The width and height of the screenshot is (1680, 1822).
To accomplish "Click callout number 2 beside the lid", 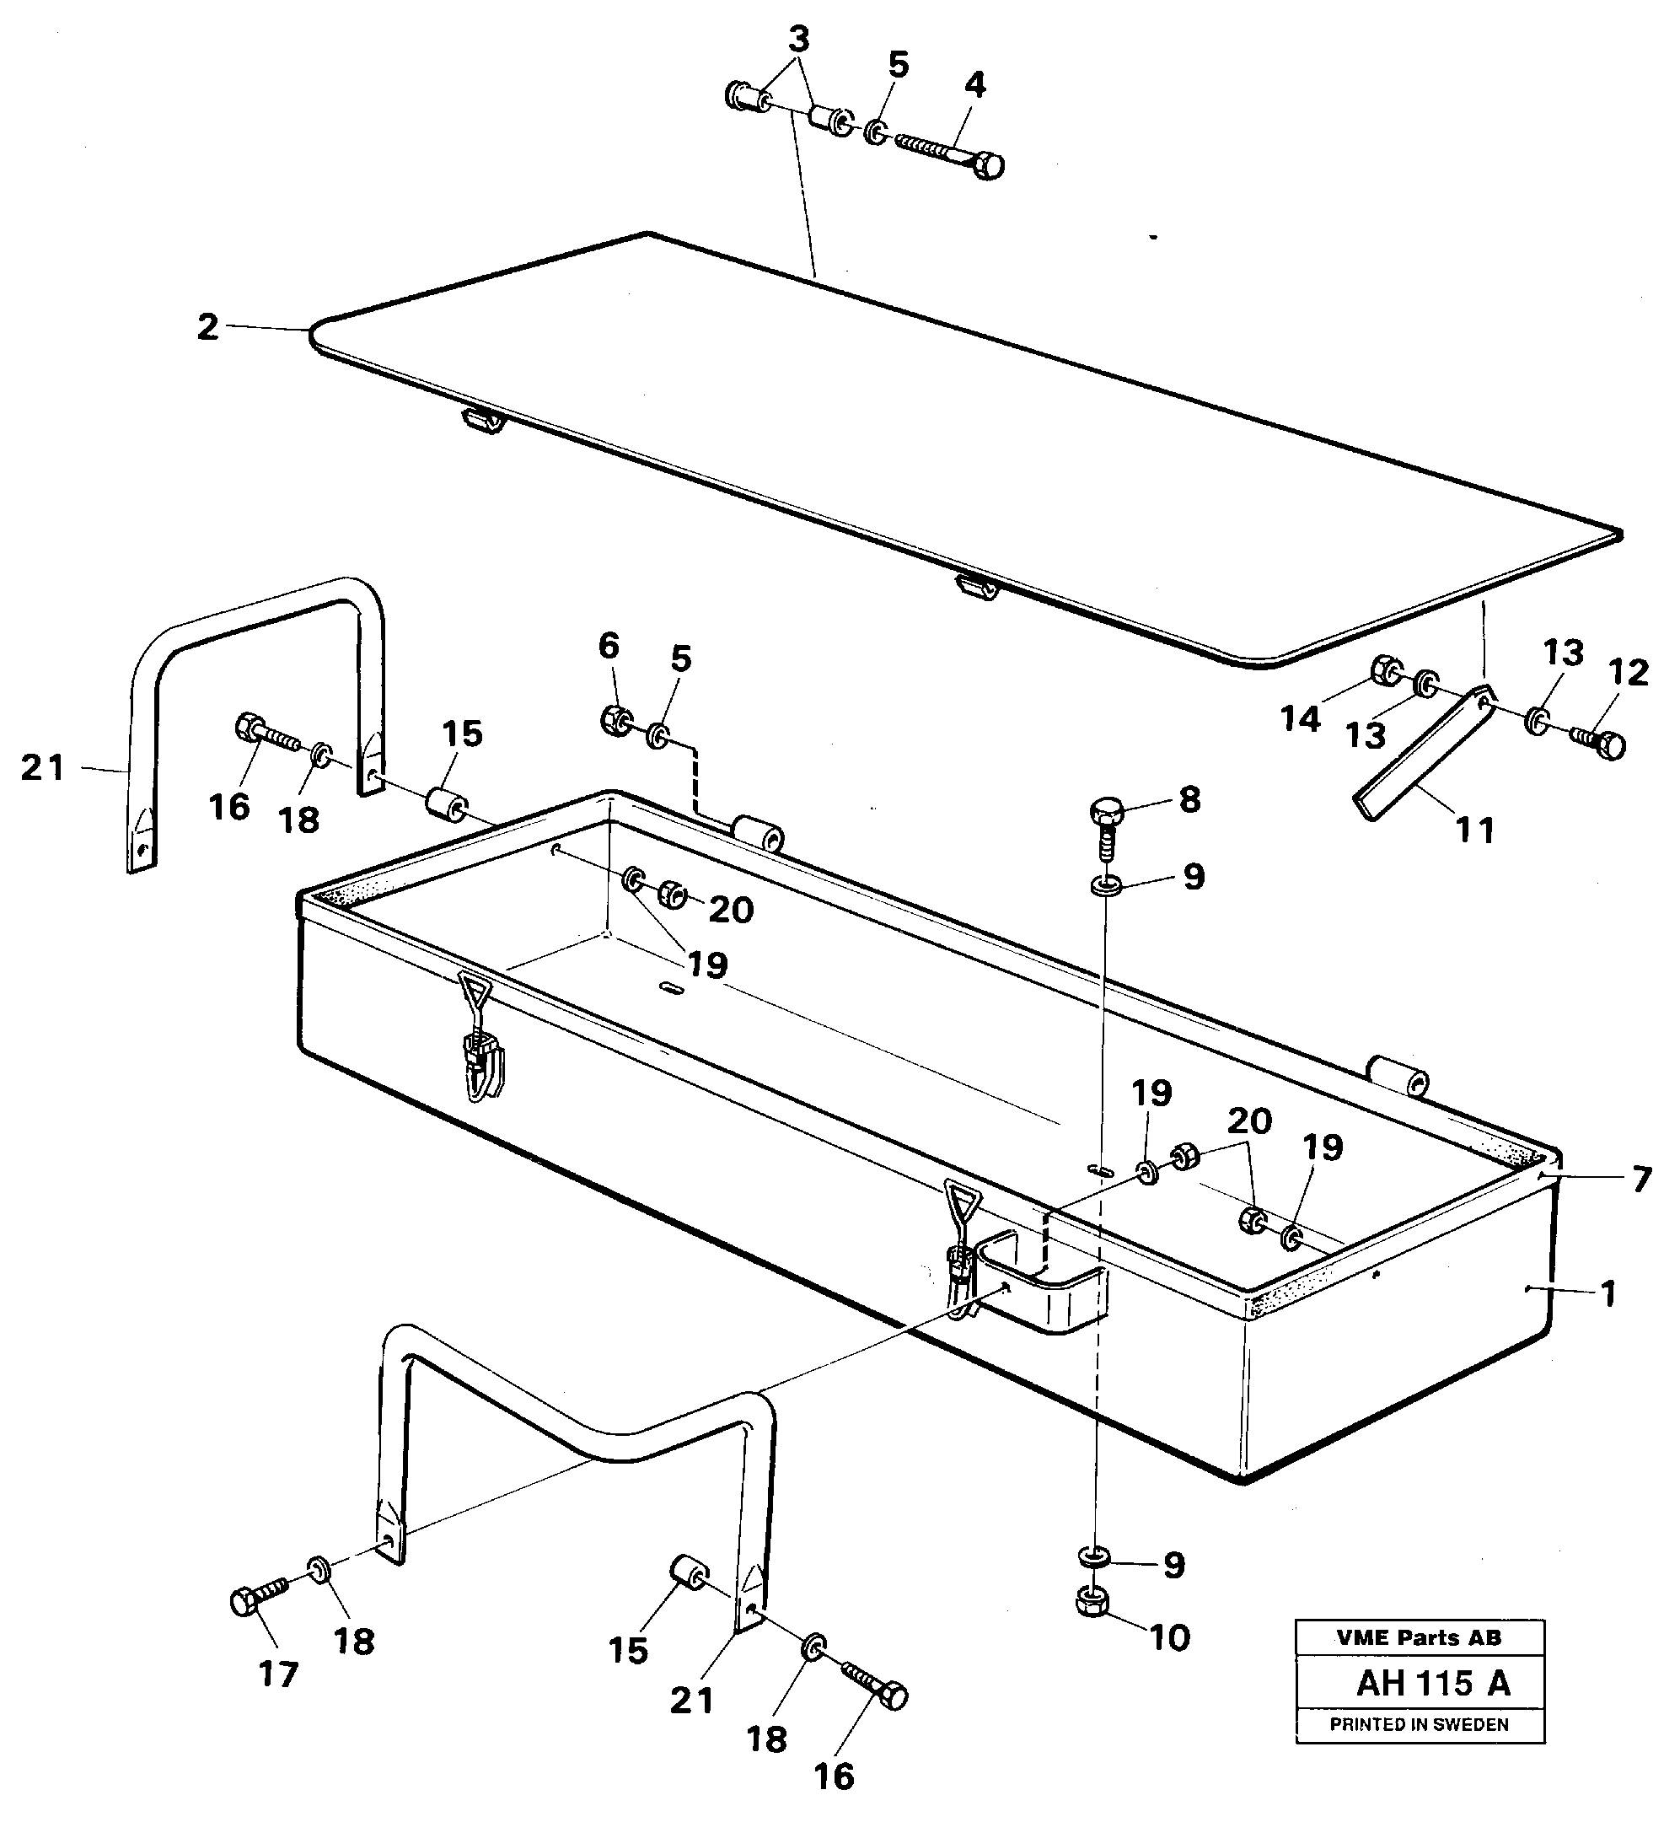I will click(208, 327).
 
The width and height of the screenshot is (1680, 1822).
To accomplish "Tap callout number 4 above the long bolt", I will click(974, 85).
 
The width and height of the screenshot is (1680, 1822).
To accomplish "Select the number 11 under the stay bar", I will click(1474, 830).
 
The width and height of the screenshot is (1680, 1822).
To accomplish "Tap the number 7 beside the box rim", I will click(1641, 1180).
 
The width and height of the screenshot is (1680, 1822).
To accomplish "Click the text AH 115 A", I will click(1433, 1684).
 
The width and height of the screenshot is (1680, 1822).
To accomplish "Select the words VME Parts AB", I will click(1418, 1637).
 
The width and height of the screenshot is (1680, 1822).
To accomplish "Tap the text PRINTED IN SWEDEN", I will click(1418, 1725).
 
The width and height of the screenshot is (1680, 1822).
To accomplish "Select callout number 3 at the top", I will click(798, 40).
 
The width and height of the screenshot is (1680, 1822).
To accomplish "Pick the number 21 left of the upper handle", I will click(43, 768).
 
